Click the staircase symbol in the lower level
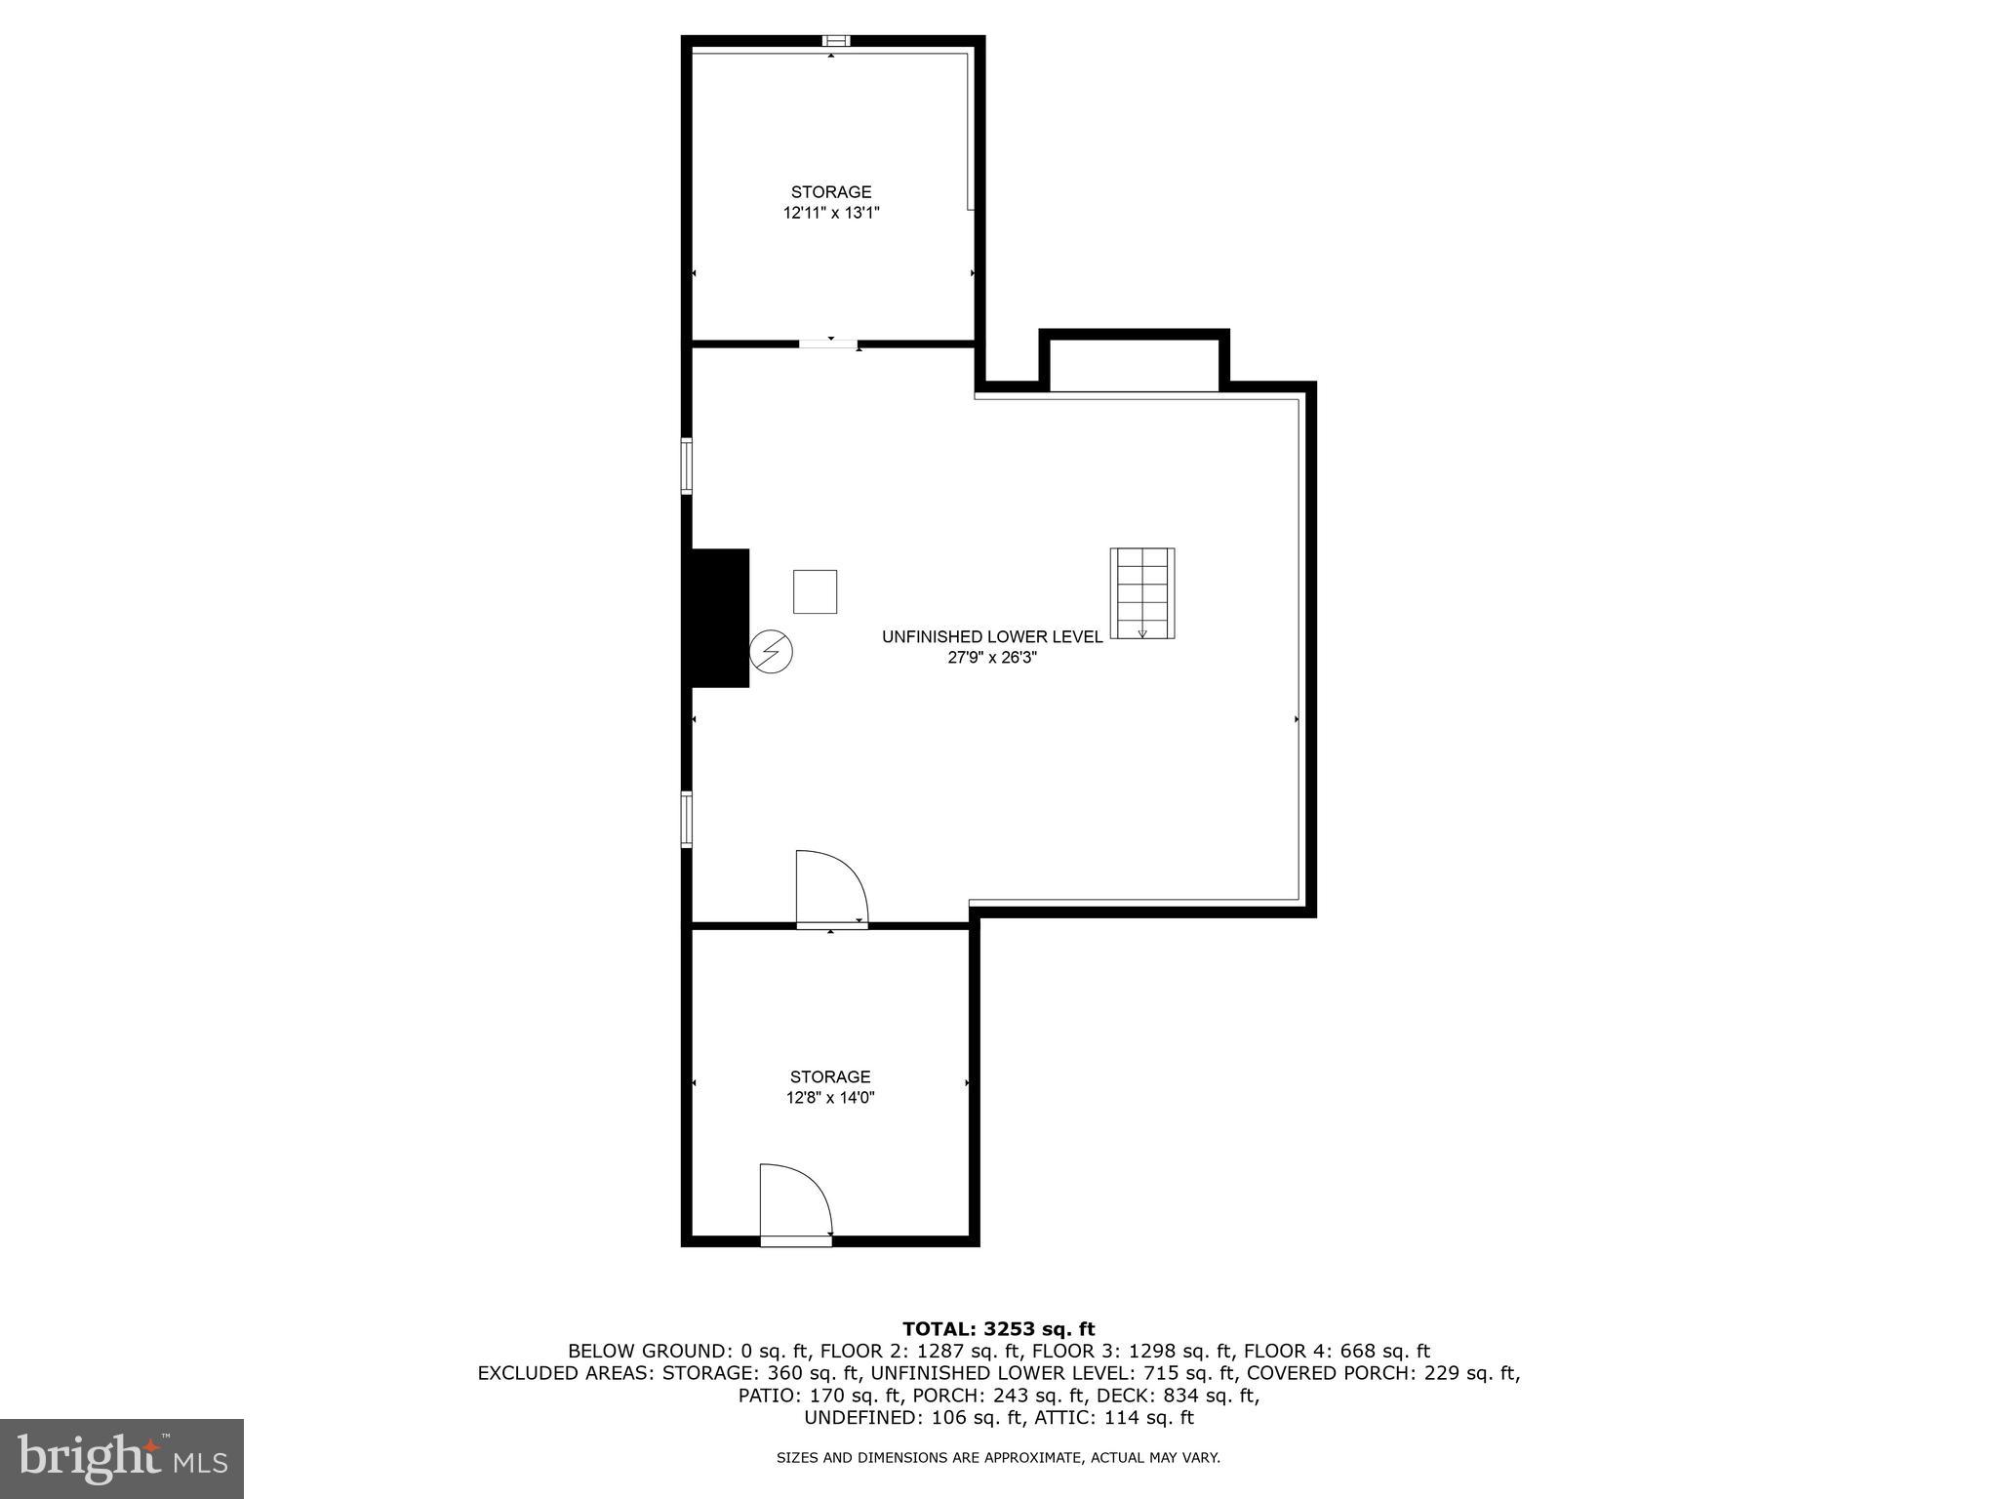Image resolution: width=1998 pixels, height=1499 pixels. pos(1141,593)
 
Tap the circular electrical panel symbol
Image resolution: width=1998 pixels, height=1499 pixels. pos(771,651)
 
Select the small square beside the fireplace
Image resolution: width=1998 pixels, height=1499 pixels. pos(815,591)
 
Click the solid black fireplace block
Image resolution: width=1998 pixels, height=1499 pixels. pos(719,618)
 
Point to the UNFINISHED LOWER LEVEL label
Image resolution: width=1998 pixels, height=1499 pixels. pos(992,636)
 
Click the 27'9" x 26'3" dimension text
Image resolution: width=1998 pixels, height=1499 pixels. pos(992,658)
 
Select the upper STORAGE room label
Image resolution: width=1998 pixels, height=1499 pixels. pos(831,192)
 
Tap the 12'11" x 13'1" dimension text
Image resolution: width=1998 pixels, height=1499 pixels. pos(831,213)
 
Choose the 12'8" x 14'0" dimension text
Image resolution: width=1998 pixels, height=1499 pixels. pos(830,1097)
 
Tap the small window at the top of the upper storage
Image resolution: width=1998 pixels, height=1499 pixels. pos(836,41)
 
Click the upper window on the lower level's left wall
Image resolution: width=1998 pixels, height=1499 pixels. pos(687,466)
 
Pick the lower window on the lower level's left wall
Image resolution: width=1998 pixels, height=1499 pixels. pos(687,819)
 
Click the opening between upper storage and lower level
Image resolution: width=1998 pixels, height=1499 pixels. pos(829,344)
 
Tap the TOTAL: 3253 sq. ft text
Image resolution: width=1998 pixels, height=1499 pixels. pos(998,1328)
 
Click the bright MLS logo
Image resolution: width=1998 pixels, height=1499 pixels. pos(122,1459)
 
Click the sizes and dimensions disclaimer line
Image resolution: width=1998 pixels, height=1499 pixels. pos(998,1458)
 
